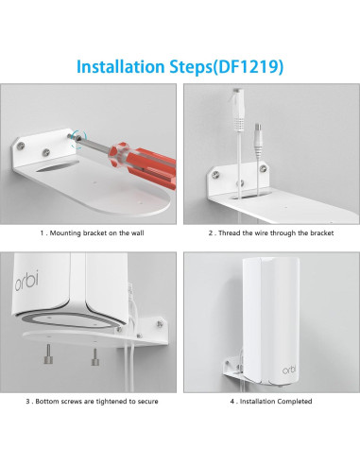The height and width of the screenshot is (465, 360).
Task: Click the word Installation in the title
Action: pos(122,67)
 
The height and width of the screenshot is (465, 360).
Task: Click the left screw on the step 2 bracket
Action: pos(217,173)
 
